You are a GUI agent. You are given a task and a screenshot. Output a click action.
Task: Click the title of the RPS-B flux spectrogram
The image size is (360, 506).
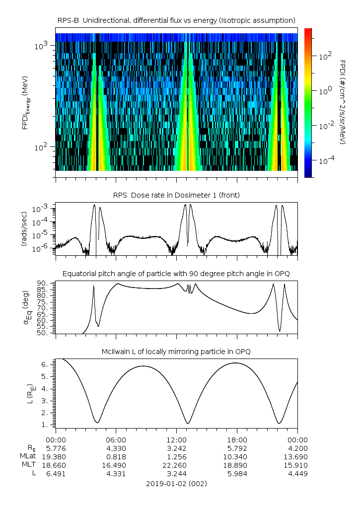pos(176,20)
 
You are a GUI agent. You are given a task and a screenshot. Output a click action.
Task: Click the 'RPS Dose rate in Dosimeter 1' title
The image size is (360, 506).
pos(176,195)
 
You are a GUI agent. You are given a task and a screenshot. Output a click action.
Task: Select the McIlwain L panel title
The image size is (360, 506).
pos(176,352)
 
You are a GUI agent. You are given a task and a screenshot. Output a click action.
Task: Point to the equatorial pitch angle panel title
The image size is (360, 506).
pos(176,274)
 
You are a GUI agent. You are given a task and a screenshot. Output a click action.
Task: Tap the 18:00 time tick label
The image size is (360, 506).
pos(237,439)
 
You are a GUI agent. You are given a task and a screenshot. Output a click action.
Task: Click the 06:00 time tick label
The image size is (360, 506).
pos(116,439)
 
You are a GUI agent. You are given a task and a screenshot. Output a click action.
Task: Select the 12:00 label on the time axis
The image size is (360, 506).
pos(177,439)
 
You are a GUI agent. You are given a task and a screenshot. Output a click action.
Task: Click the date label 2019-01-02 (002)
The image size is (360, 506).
pos(176,483)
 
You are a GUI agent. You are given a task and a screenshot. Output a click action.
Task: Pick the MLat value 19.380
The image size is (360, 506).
pos(56,456)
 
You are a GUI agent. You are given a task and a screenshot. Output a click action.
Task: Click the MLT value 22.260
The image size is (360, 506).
pos(177,465)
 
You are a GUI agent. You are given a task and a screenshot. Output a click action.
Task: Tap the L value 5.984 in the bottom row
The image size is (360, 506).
pos(237,474)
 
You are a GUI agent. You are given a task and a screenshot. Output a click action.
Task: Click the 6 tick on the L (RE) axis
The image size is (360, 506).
pos(44,364)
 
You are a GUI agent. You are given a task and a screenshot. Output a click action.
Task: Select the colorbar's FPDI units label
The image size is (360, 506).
pos(343,102)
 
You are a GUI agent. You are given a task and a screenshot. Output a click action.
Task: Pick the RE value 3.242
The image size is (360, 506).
pos(177,448)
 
